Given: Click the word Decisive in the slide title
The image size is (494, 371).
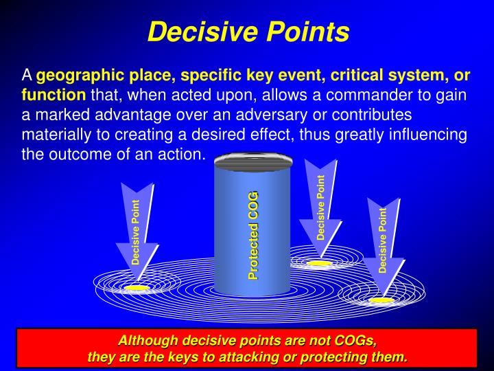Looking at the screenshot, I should (196, 31).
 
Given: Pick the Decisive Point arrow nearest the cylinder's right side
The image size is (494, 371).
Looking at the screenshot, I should (320, 203).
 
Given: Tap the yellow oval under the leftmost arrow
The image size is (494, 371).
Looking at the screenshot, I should (137, 288).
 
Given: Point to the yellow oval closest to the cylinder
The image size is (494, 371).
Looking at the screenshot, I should (318, 263).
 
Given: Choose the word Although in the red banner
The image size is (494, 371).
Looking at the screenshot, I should (145, 340).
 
